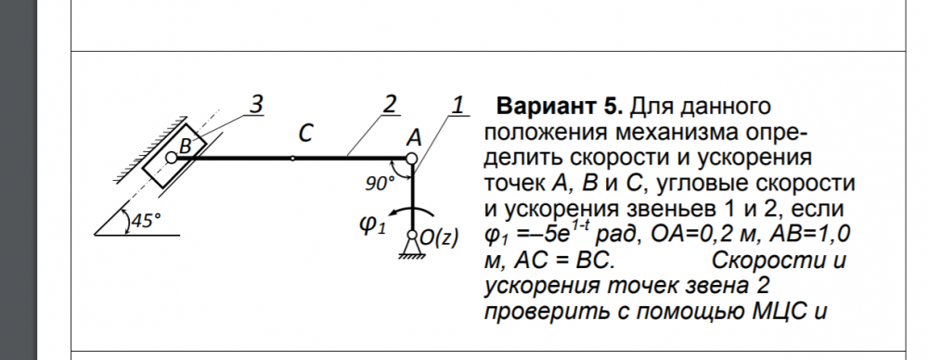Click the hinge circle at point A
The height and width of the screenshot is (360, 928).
click(x=411, y=159)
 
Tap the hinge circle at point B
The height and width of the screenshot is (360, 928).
click(x=171, y=158)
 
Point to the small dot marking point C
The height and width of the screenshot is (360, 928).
click(x=292, y=158)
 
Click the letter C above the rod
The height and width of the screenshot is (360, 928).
click(x=304, y=134)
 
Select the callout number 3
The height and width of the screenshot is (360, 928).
click(x=255, y=104)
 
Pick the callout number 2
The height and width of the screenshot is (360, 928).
click(x=389, y=104)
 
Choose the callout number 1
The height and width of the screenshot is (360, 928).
click(x=458, y=104)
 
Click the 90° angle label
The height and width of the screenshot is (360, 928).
click(x=380, y=184)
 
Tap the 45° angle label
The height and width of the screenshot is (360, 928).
click(x=146, y=221)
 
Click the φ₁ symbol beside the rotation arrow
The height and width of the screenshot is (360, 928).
click(x=373, y=225)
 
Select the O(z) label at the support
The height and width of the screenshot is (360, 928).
click(x=439, y=238)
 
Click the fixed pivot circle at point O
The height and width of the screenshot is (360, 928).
click(x=413, y=235)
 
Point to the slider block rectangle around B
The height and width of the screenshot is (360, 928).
click(x=174, y=156)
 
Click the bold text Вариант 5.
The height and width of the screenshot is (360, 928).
click(x=560, y=107)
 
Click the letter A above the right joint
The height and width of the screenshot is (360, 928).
click(x=414, y=138)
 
